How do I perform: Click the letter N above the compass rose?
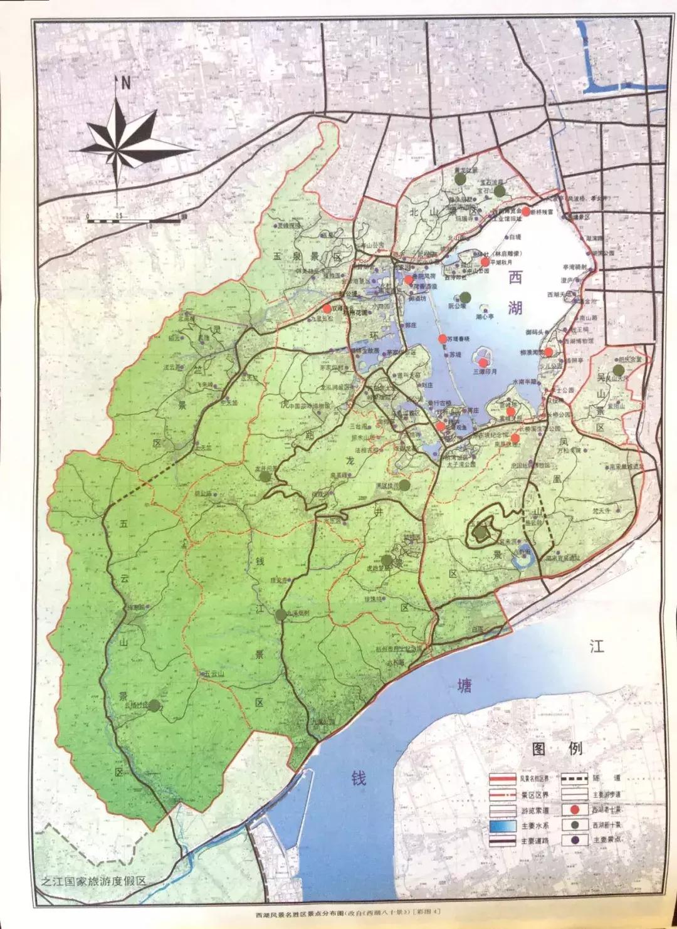125,82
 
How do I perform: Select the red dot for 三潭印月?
483,362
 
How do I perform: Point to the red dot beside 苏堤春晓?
443,339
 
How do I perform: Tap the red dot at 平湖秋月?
485,261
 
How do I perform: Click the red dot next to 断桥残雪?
525,212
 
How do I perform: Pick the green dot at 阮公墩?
465,298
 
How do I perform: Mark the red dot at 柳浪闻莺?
548,352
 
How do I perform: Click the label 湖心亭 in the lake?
485,317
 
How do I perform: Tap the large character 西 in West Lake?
515,278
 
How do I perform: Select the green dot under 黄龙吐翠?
461,179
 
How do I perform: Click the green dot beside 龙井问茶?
265,476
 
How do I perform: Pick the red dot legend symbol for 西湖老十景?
574,810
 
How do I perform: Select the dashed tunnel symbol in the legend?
574,779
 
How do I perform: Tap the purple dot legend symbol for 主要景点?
574,840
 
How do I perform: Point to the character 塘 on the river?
464,686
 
